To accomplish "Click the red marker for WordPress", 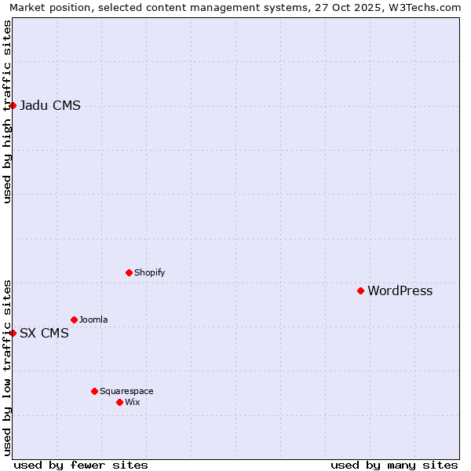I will pyautogui.click(x=360, y=290).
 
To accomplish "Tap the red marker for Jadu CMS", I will pyautogui.click(x=13, y=105).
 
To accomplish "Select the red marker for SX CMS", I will pyautogui.click(x=13, y=333).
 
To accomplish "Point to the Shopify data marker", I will pyautogui.click(x=129, y=272).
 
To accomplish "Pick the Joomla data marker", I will pyautogui.click(x=74, y=319).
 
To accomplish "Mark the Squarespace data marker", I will pyautogui.click(x=94, y=391).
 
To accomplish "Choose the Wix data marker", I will pyautogui.click(x=119, y=402).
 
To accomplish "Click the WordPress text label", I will pyautogui.click(x=400, y=291).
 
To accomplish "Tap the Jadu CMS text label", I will pyautogui.click(x=49, y=106).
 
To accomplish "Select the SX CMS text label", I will pyautogui.click(x=44, y=334).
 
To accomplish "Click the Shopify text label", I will pyautogui.click(x=149, y=273).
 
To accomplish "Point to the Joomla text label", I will pyautogui.click(x=93, y=320).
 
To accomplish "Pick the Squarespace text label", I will pyautogui.click(x=126, y=392).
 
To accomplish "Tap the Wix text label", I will pyautogui.click(x=133, y=403).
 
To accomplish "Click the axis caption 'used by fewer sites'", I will pyautogui.click(x=81, y=465).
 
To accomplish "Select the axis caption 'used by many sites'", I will pyautogui.click(x=394, y=465).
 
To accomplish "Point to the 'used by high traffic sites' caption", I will pyautogui.click(x=7, y=111).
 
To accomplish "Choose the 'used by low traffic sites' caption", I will pyautogui.click(x=7, y=367).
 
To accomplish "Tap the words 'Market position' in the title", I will pyautogui.click(x=46, y=7).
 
